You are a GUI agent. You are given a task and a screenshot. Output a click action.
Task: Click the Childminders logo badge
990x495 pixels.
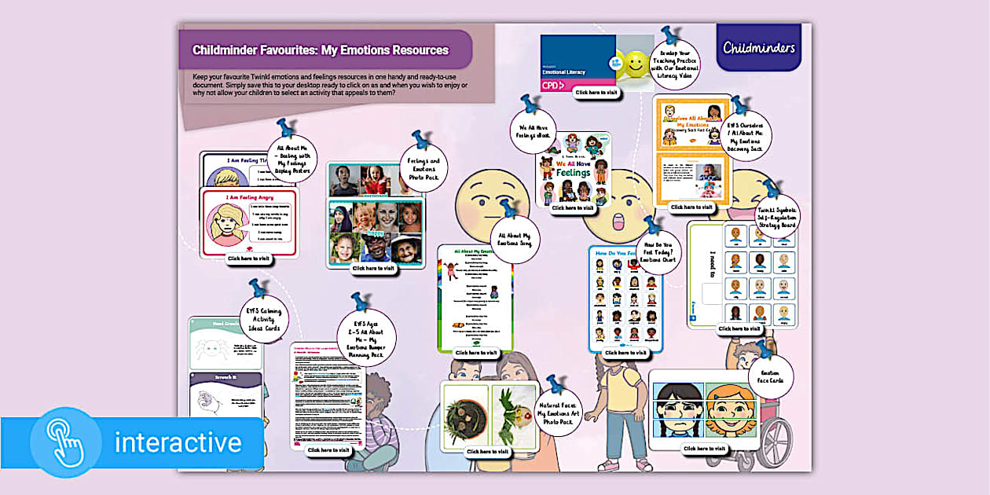(758, 47)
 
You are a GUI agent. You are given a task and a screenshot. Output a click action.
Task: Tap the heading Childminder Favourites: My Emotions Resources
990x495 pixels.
(321, 50)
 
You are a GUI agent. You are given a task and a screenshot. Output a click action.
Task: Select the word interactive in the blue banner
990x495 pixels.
(178, 442)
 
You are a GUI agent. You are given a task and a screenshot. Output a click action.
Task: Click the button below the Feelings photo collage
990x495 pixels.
(373, 268)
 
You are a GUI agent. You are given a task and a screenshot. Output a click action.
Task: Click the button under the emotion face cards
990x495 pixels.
(704, 449)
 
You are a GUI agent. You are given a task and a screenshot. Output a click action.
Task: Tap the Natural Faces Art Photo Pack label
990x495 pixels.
(559, 412)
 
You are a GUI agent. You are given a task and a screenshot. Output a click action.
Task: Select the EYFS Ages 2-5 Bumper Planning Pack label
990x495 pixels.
(366, 339)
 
